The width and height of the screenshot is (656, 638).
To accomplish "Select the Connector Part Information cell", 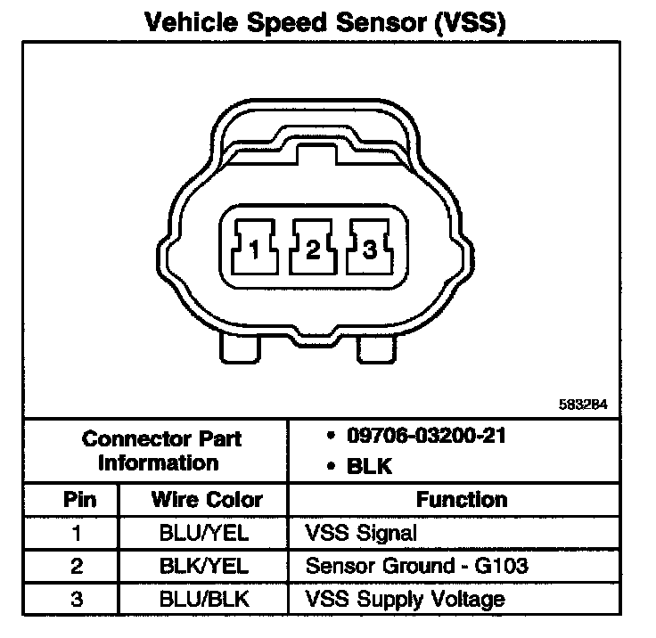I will click(161, 451).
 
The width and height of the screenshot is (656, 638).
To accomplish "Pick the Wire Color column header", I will click(206, 500).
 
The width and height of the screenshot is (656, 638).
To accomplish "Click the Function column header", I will click(461, 500).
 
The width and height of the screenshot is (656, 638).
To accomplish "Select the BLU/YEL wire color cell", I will click(206, 533).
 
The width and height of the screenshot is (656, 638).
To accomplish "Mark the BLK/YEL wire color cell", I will click(206, 565).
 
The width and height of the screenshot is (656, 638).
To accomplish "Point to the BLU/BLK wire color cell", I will click(206, 598).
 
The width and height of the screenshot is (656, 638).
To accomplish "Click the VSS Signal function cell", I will click(360, 533).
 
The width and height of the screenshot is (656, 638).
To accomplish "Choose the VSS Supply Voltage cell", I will click(405, 598).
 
